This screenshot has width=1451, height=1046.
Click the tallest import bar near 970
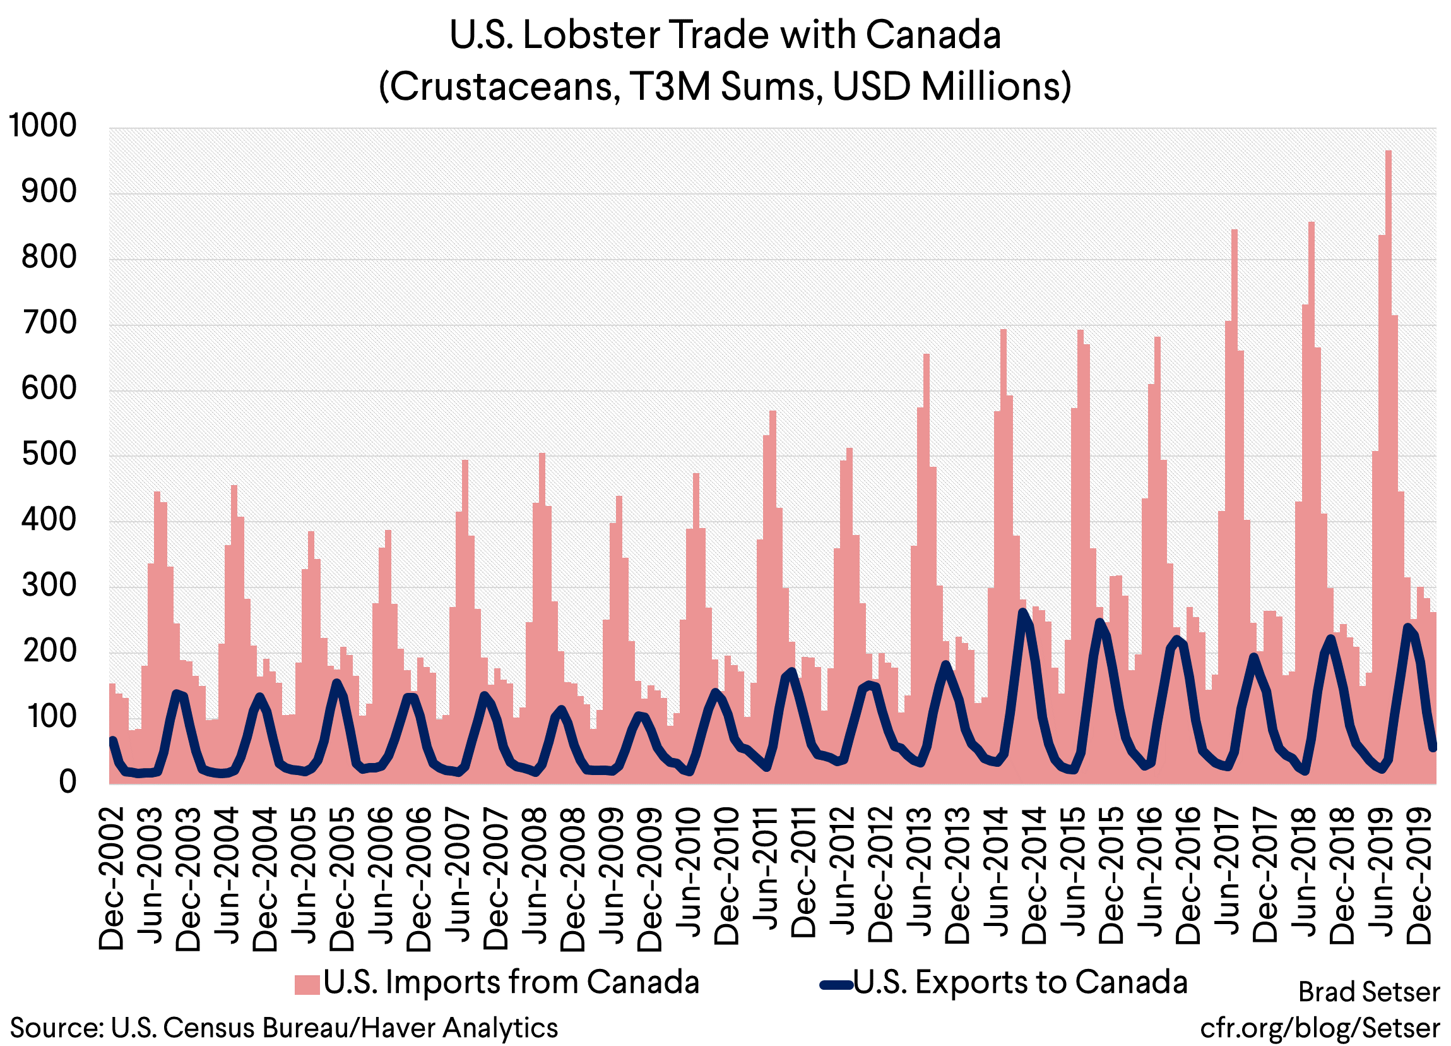click(1389, 384)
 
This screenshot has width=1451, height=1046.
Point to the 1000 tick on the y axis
click(42, 126)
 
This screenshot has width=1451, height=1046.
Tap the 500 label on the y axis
click(49, 455)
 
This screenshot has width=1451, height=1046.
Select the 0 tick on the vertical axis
click(67, 782)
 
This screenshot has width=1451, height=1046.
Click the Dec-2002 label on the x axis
click(111, 878)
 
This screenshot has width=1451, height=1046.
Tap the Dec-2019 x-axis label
click(1419, 875)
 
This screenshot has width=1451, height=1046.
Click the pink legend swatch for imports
click(307, 985)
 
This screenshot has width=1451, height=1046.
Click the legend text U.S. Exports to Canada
click(1021, 982)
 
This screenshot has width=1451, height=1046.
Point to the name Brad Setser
click(1368, 992)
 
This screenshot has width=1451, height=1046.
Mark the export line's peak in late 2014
click(1023, 613)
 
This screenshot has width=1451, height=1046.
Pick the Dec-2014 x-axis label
click(1034, 875)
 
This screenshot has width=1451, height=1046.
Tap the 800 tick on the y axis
click(49, 257)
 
